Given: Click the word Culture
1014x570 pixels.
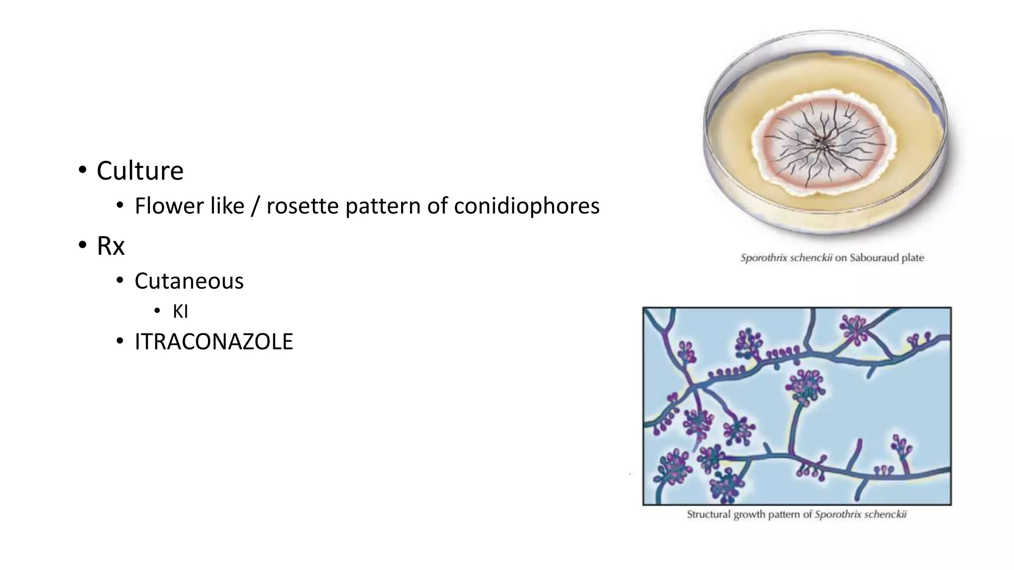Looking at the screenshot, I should [x=140, y=171].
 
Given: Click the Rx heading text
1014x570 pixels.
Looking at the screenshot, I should [x=110, y=246].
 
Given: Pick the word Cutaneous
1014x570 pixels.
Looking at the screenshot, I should [x=189, y=281].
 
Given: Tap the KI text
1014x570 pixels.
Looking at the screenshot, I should [x=180, y=312].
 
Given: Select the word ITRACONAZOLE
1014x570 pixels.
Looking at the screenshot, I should [x=214, y=342].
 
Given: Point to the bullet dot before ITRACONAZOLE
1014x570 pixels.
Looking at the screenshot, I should [x=119, y=341].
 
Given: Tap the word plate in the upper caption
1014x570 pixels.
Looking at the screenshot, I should [x=912, y=258].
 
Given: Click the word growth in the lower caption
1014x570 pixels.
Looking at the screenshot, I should [x=748, y=515].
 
